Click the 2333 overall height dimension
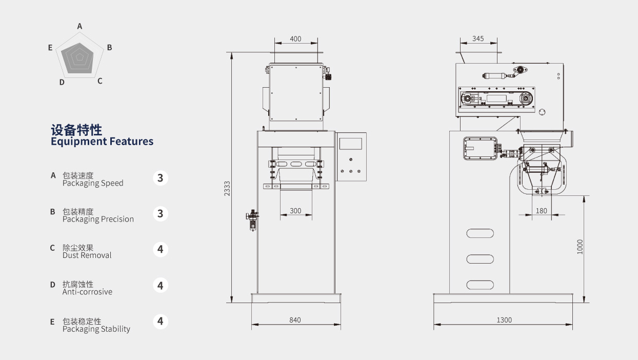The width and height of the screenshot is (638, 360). pos(227,188)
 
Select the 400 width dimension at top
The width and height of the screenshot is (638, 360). pos(295,39)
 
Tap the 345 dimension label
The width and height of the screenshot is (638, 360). pos(478,38)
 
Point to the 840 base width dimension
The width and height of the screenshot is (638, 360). pos(295,320)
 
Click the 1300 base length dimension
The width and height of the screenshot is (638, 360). pos(504,320)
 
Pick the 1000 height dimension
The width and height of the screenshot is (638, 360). pos(580,247)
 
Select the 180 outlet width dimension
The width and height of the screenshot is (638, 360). pos(541,211)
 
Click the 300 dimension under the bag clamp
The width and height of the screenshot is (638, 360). pos(295,211)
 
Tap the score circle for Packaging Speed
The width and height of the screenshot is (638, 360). pos(161,178)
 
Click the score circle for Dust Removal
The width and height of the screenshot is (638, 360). pos(161,250)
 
